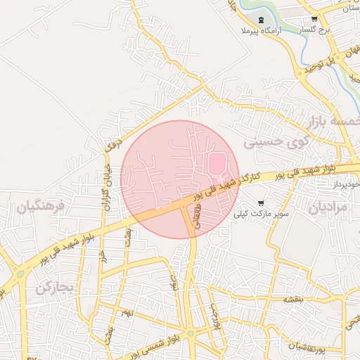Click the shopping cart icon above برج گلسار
314,20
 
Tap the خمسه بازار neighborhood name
333,121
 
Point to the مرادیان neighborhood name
328,207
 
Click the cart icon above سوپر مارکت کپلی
262,202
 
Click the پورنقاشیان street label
309,346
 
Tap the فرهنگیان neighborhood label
41,207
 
